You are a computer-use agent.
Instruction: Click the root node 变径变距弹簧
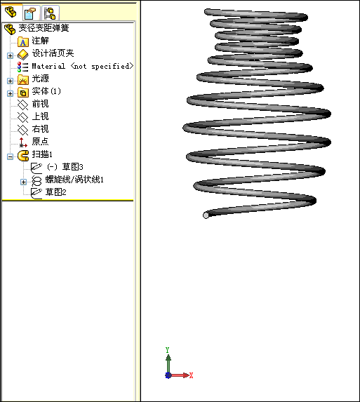(x=44, y=28)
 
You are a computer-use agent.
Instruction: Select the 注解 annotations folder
(x=40, y=41)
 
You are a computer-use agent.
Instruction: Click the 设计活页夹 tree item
(x=53, y=53)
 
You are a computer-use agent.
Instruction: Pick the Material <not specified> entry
(x=83, y=66)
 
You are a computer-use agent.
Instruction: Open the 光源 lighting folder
(x=40, y=79)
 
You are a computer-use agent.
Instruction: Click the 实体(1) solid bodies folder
(x=46, y=91)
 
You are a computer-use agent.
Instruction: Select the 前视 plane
(x=40, y=104)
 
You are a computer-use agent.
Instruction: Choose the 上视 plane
(x=40, y=116)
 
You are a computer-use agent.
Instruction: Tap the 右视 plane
(x=40, y=128)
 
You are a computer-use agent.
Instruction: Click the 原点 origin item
(x=40, y=141)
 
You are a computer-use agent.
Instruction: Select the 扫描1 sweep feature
(x=42, y=154)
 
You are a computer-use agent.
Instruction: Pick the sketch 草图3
(x=72, y=167)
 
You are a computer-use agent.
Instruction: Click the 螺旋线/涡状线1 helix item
(x=74, y=179)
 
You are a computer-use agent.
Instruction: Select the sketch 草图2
(x=56, y=192)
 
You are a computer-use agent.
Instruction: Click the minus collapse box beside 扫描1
(x=10, y=156)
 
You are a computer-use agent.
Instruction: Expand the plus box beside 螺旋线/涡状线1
(x=23, y=182)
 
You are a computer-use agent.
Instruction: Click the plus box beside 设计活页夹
(x=10, y=55)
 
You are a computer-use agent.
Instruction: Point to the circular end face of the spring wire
(x=206, y=215)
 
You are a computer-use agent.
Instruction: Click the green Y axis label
(x=168, y=350)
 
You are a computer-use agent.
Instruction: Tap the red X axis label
(x=191, y=375)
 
